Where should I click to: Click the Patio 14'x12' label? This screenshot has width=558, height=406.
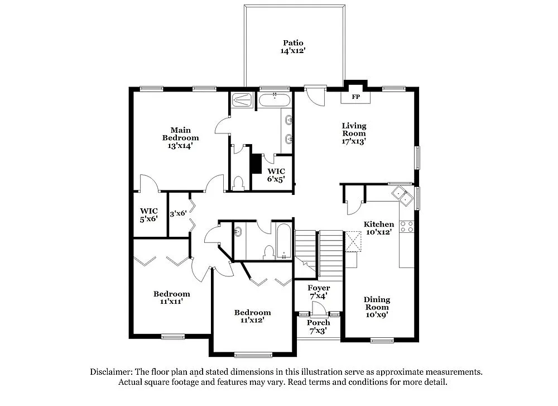tap(293, 46)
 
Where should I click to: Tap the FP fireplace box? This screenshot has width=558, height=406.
tap(355, 97)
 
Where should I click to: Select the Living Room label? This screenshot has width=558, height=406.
tap(354, 133)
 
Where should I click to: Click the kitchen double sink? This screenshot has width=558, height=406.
tap(402, 194)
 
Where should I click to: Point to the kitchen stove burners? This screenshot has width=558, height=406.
tap(407, 226)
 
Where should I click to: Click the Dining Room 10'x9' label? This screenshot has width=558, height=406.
tap(377, 307)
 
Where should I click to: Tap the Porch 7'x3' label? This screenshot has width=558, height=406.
tap(318, 326)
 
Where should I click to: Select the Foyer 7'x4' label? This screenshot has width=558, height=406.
tap(319, 292)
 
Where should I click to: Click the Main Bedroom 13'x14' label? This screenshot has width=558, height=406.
tap(180, 137)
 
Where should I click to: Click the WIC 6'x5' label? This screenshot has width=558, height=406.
tap(276, 175)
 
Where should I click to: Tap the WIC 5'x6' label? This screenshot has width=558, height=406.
tap(149, 214)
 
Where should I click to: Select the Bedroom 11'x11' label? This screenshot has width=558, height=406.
tap(171, 297)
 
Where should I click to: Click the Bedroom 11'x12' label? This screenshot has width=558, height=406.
tap(252, 316)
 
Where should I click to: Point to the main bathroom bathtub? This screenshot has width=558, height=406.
tap(274, 101)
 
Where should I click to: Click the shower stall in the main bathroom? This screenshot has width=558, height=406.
tap(243, 101)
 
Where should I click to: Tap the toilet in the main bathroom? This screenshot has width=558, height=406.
tap(238, 183)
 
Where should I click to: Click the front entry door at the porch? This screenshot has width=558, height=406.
tap(318, 308)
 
